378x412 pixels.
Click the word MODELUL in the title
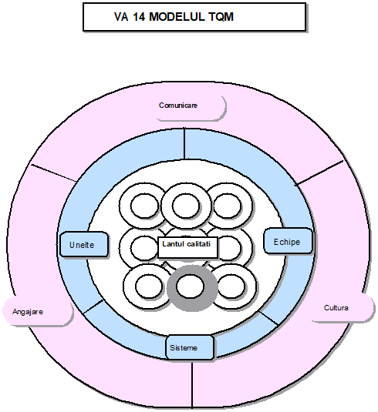click(177, 17)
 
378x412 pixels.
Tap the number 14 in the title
click(139, 17)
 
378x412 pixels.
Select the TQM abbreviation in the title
click(221, 17)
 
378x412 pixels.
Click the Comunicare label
click(178, 106)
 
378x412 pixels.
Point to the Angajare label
click(28, 312)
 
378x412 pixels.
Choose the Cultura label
click(336, 308)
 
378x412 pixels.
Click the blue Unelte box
click(84, 244)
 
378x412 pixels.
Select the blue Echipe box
click(288, 241)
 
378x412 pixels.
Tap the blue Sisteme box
click(190, 347)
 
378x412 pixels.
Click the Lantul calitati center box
click(187, 247)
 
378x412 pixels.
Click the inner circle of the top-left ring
click(145, 206)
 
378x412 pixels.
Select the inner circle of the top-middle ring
click(186, 206)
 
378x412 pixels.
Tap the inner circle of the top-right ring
click(227, 206)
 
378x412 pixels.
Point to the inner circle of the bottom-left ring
click(149, 286)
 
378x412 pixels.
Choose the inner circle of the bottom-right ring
click(231, 286)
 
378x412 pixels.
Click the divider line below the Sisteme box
click(192, 384)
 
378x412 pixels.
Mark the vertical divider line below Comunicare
click(184, 143)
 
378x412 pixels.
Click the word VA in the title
click(121, 17)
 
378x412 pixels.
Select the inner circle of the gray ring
click(190, 286)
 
